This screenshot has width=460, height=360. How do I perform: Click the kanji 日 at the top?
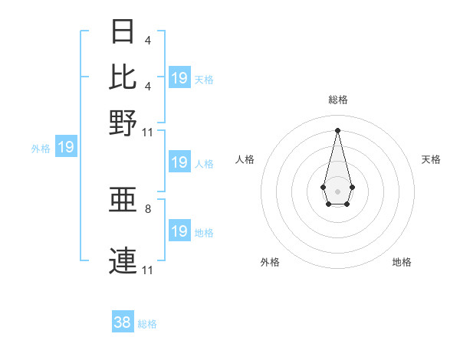pyautogui.click(x=123, y=32)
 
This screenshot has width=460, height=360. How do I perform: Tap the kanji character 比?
pyautogui.click(x=123, y=77)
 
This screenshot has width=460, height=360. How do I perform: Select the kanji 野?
pyautogui.click(x=123, y=122)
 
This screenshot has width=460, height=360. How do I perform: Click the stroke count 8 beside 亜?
pyautogui.click(x=148, y=208)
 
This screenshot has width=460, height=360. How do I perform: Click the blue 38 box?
pyautogui.click(x=123, y=322)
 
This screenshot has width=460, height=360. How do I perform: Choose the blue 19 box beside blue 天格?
pyautogui.click(x=179, y=77)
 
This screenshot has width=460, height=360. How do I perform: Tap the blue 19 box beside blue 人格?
pyautogui.click(x=179, y=162)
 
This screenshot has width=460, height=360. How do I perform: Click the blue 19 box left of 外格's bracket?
pyautogui.click(x=66, y=146)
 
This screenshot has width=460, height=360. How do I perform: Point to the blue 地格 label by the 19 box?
pyautogui.click(x=204, y=232)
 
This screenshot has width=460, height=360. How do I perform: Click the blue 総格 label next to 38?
pyautogui.click(x=147, y=324)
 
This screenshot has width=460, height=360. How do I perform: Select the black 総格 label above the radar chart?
pyautogui.click(x=337, y=100)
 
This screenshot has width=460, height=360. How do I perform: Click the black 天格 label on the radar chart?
pyautogui.click(x=431, y=159)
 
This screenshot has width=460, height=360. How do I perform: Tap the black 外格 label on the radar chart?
pyautogui.click(x=270, y=262)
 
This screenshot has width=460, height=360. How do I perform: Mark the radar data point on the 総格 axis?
pyautogui.click(x=337, y=129)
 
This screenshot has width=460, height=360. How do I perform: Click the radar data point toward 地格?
pyautogui.click(x=347, y=204)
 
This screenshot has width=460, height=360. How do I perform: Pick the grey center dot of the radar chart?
pyautogui.click(x=337, y=190)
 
